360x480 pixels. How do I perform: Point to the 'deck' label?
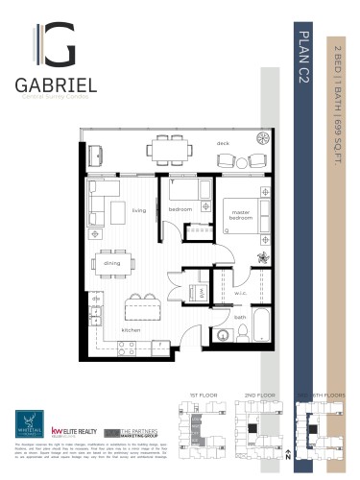(x=223, y=142)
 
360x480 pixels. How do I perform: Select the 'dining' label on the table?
(x=112, y=262)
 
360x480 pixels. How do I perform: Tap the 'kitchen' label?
(x=132, y=330)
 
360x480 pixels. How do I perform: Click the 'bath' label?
(x=240, y=316)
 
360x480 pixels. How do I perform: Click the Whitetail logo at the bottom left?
(x=27, y=423)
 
